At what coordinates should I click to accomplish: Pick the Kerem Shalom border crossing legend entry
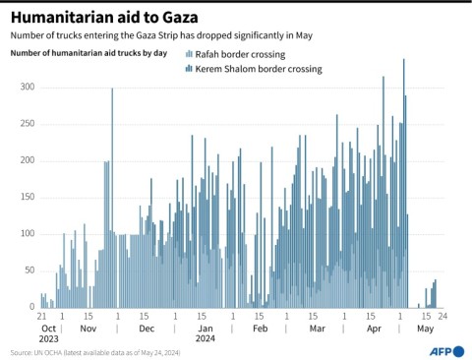tap(252, 70)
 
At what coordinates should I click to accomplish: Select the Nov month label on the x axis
tap(88, 330)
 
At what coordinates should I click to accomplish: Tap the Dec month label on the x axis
tap(145, 330)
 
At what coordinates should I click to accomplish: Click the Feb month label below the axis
tap(260, 330)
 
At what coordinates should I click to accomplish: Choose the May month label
tap(426, 330)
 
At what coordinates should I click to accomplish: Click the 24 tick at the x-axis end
tap(443, 317)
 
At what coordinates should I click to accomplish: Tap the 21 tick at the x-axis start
tap(42, 317)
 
